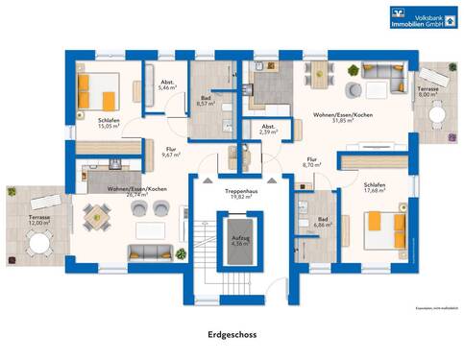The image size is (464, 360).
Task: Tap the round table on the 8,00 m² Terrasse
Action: (x=437, y=111)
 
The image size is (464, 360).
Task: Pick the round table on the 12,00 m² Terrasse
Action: (x=40, y=244)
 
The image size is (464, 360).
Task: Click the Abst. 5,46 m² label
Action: (x=167, y=85)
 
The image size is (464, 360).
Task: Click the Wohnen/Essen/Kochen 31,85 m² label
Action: (x=338, y=118)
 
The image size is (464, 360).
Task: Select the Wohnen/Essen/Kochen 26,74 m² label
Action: (x=137, y=191)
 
